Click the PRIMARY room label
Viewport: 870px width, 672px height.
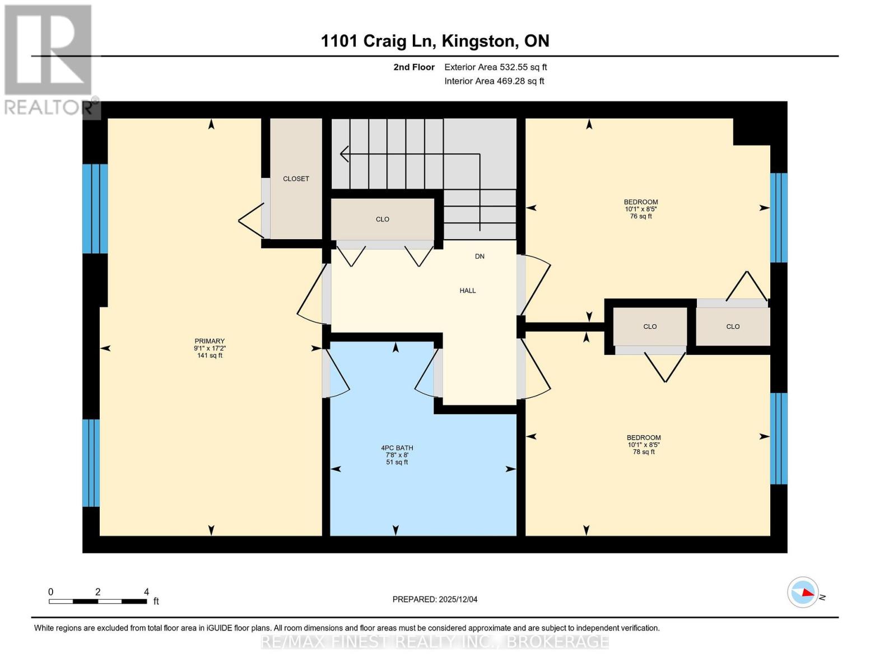point(210,341)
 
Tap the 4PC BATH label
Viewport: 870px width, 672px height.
point(397,448)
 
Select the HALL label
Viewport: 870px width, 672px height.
point(468,291)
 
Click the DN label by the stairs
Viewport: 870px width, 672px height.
point(480,256)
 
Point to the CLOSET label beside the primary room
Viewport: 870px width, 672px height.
point(296,179)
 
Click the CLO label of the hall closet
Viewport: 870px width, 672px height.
point(383,220)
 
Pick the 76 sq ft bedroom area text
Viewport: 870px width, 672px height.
point(641,216)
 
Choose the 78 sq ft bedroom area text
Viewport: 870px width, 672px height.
point(643,452)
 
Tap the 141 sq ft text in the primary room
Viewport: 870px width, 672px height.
point(210,356)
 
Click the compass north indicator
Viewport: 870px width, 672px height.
point(803,592)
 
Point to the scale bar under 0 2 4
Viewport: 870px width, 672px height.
point(97,601)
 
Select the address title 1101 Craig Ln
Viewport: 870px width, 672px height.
point(435,41)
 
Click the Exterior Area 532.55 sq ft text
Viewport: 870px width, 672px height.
point(495,67)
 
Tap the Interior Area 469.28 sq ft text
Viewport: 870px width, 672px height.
point(494,81)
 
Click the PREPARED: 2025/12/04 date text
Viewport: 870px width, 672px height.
point(435,599)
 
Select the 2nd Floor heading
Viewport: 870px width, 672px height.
point(414,67)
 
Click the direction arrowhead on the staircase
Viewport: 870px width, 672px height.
point(343,153)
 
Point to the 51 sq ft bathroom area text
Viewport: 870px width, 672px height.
point(397,463)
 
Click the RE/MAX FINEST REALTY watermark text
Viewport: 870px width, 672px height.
point(435,641)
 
